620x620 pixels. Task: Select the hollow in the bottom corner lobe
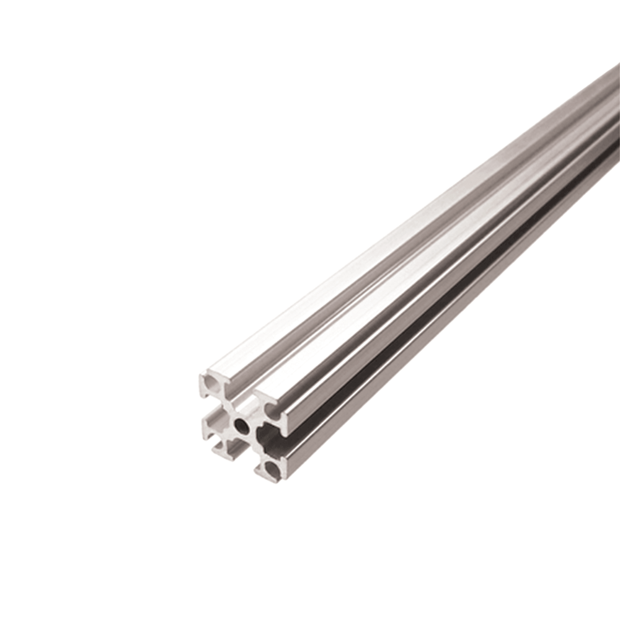click(x=272, y=469)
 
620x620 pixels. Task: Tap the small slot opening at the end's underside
click(x=236, y=449)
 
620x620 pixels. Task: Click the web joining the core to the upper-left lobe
click(x=227, y=403)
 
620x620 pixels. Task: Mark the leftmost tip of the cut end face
click(x=200, y=376)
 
